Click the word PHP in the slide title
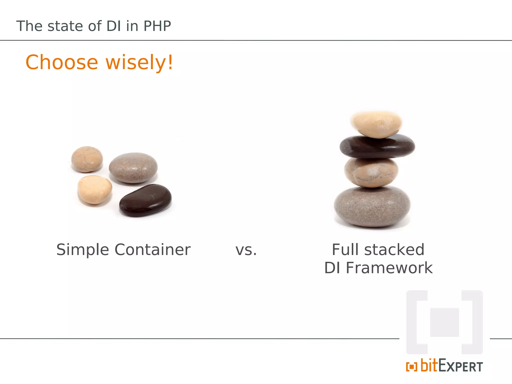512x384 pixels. coord(157,26)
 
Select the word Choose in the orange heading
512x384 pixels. coord(62,62)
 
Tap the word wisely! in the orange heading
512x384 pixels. coord(139,62)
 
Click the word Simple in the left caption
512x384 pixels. coord(82,250)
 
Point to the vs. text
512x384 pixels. coord(246,250)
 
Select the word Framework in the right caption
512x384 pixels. coord(389,268)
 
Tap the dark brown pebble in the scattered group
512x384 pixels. coord(145,200)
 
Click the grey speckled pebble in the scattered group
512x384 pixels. coord(133,168)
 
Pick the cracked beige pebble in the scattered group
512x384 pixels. coord(87,159)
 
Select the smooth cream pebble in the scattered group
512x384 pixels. coord(94,189)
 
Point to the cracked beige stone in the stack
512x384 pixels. coord(371,172)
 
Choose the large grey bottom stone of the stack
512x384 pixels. coord(372,206)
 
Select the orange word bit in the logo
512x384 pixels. coord(429,365)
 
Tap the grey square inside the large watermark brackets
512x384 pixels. coord(444,322)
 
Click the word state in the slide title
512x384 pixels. coord(65,26)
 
